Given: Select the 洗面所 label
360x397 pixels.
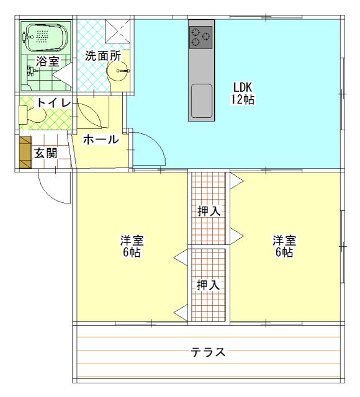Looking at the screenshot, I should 102,55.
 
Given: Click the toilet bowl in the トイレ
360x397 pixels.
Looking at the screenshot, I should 33,115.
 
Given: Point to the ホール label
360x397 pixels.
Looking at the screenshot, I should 101,140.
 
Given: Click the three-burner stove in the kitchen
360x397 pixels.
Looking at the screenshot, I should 200,37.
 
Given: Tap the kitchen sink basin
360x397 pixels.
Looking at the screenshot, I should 201,99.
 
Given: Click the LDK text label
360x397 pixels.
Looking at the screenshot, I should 243,86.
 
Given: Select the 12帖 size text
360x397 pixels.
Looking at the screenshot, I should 243,99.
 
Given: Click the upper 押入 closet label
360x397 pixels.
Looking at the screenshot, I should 209,211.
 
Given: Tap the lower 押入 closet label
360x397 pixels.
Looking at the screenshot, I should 209,285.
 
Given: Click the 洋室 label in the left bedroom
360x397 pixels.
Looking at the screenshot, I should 132,240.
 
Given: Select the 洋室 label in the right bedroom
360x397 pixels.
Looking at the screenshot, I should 284,240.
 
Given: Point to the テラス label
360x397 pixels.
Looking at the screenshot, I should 208,352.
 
